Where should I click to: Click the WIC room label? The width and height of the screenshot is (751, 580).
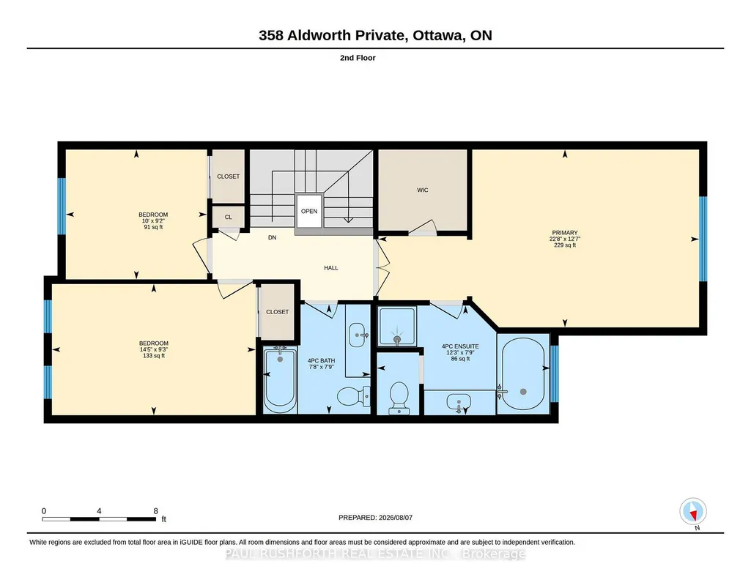click(x=423, y=190)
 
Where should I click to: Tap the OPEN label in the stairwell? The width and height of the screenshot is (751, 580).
click(x=309, y=211)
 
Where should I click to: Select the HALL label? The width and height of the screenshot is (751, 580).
click(x=331, y=268)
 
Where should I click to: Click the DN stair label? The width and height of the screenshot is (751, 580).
click(x=272, y=237)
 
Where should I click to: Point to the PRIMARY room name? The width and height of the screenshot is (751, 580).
click(x=565, y=233)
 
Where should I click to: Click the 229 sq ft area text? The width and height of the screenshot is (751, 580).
click(x=565, y=245)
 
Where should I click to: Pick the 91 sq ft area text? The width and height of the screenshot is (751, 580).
click(x=153, y=227)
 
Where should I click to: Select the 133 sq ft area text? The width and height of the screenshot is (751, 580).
click(x=153, y=356)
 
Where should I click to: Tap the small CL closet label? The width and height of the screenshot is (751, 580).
click(x=229, y=217)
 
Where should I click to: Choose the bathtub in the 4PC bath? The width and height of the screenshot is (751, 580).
click(x=280, y=380)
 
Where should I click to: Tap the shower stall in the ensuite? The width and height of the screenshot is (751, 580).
click(x=396, y=326)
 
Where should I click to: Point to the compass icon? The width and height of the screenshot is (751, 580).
click(x=693, y=512)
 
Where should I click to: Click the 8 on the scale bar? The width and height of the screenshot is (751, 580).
click(x=155, y=511)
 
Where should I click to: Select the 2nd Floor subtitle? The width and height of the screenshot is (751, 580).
click(x=358, y=58)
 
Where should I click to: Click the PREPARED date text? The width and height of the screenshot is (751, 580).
click(x=375, y=517)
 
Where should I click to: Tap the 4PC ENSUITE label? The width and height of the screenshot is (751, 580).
click(x=460, y=346)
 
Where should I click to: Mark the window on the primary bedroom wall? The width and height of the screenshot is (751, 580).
click(x=703, y=239)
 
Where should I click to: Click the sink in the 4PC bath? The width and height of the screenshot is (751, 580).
click(x=358, y=334)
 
